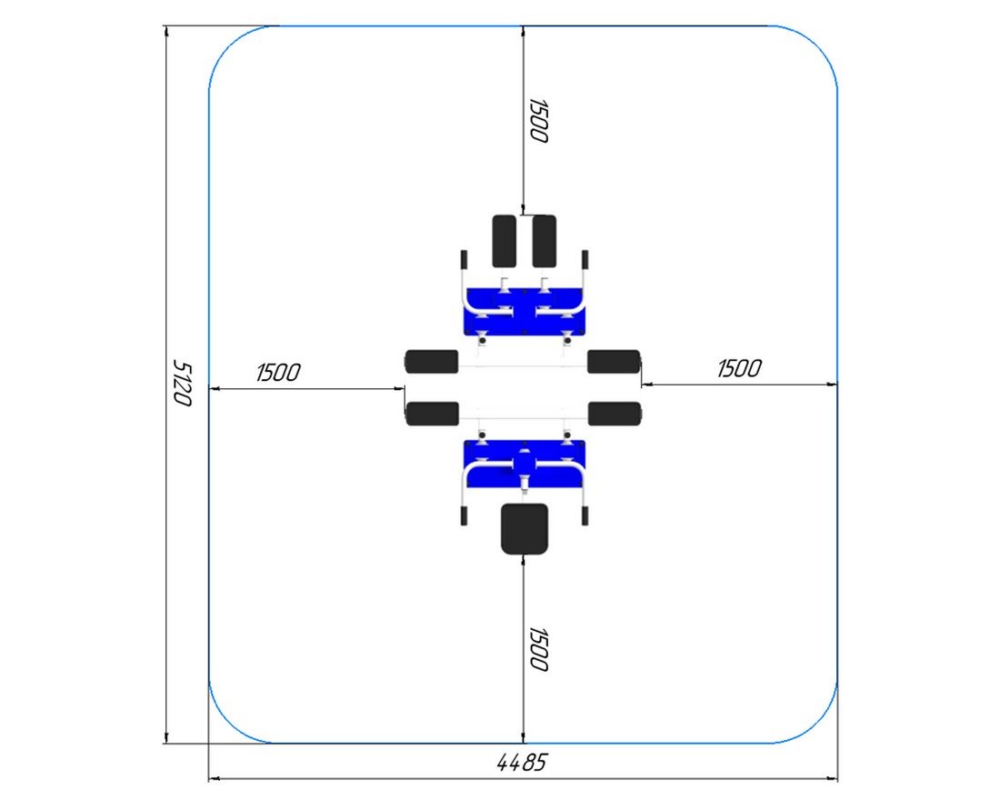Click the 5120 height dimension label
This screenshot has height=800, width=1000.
tap(183, 383)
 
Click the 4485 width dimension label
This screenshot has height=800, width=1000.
tap(522, 763)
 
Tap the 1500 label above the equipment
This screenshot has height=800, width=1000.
tap(539, 121)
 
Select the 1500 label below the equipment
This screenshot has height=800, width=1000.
tap(539, 649)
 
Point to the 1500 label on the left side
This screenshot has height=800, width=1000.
tap(278, 373)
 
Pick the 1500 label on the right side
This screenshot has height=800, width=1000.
tap(739, 369)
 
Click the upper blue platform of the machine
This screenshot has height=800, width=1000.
tap(525, 312)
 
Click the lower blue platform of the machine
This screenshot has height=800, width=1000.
tap(525, 464)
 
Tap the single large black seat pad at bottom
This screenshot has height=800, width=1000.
tap(525, 529)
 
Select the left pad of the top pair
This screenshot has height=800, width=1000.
tap(505, 241)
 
